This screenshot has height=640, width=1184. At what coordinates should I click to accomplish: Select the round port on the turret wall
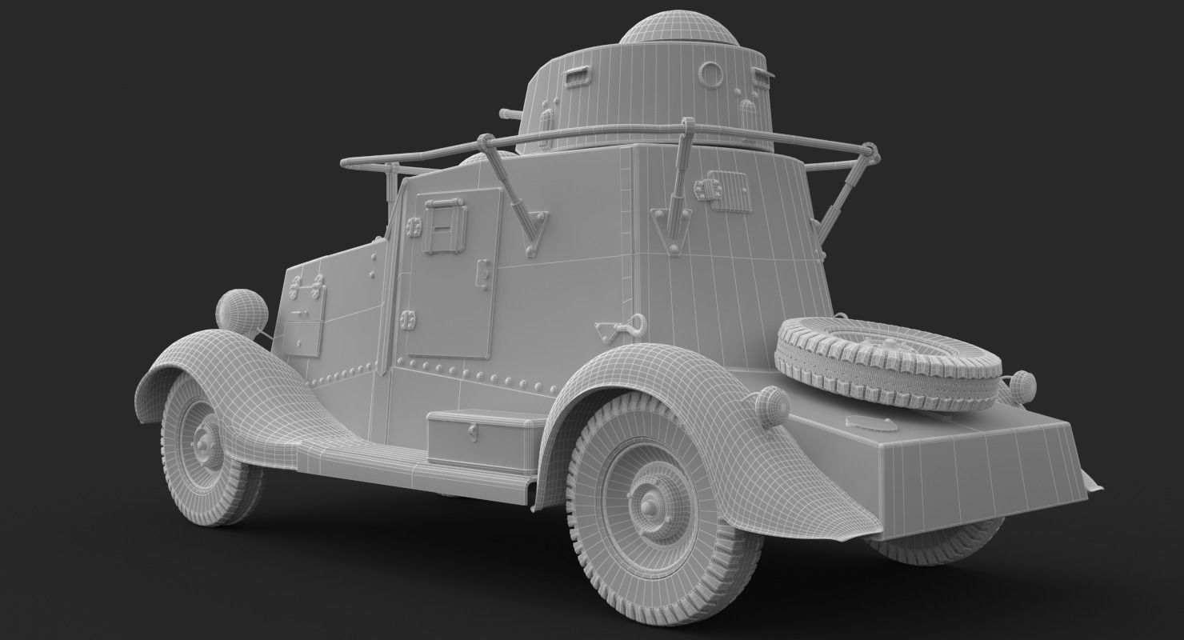click(710, 74)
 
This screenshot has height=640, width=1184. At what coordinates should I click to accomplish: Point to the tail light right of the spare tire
click(1022, 386)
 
